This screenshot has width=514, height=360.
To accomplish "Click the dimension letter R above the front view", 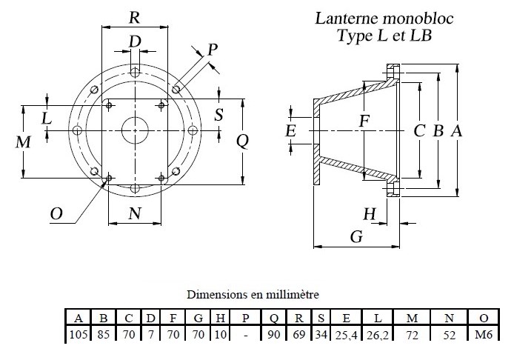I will coord(134,16).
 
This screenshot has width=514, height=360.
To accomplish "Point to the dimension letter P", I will coord(212,50).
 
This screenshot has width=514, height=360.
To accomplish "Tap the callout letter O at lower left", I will coord(56,214).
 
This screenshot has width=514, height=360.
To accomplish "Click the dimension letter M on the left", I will coord(23,142).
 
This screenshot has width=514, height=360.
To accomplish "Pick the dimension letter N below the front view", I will coord(134,214).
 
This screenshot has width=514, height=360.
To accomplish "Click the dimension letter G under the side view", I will coord(356,237).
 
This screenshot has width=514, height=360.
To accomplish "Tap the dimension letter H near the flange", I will coord(370,214).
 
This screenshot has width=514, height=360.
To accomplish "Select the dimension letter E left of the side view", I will coord(291,131).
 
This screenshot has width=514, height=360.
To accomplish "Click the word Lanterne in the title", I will coord(348,18).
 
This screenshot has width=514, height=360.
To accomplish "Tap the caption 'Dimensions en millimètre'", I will coord(253,294).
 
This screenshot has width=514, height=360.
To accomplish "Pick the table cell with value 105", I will coord(78,334).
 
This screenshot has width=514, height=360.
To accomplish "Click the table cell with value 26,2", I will coord(377,334).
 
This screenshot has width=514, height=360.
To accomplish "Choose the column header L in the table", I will coord(377,319).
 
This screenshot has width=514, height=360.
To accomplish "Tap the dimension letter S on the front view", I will coord(218,115).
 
